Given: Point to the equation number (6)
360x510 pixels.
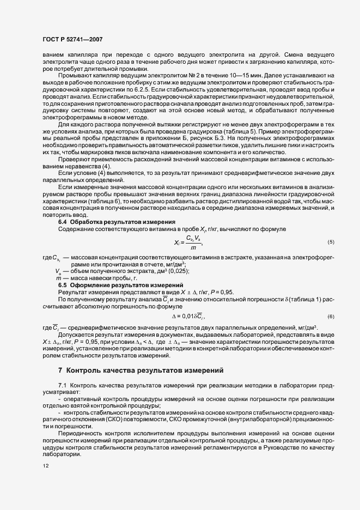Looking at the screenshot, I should click(x=331, y=317).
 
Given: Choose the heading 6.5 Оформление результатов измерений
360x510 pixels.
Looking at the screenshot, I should click(x=120, y=286).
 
